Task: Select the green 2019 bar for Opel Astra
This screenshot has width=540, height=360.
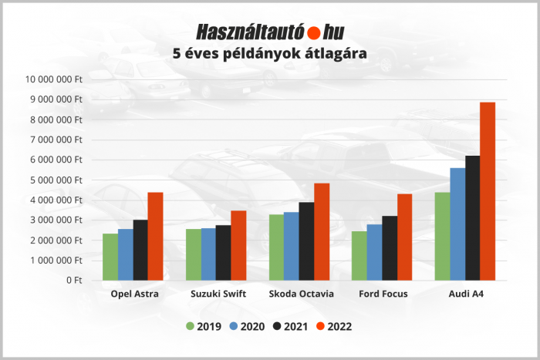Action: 110,257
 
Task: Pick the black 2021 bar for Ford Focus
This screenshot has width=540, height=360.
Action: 390,247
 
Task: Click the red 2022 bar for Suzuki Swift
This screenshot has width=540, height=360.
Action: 238,245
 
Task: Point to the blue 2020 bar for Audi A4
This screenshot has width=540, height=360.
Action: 457,224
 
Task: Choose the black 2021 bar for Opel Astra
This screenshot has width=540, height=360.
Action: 140,250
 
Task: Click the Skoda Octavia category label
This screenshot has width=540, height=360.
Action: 301,294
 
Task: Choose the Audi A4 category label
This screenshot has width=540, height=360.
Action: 466,294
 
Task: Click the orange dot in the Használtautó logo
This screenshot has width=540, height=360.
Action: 314,33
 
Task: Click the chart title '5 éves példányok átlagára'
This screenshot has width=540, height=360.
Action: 269,54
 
